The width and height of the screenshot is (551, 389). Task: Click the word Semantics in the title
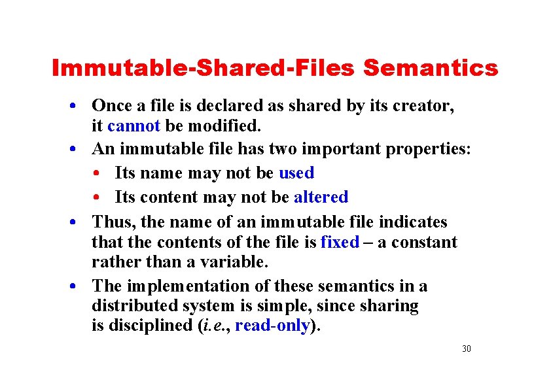pyautogui.click(x=431, y=68)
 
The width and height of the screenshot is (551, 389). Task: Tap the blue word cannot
pyautogui.click(x=133, y=125)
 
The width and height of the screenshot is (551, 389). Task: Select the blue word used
pyautogui.click(x=296, y=173)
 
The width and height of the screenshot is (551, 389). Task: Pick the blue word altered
pyautogui.click(x=321, y=197)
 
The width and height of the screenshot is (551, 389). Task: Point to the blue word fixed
pyautogui.click(x=340, y=242)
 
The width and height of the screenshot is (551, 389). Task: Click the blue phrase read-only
pyautogui.click(x=272, y=326)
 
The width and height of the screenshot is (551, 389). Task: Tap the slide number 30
pyautogui.click(x=466, y=349)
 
